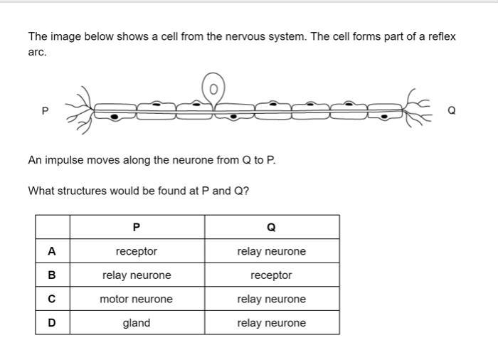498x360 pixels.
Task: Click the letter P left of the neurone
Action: click(x=45, y=110)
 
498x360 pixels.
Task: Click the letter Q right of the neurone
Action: click(x=452, y=110)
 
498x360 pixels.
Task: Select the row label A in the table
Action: click(x=52, y=251)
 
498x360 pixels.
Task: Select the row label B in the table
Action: click(x=52, y=275)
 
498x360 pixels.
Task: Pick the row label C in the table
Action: click(x=52, y=299)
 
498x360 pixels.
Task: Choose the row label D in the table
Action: click(x=52, y=323)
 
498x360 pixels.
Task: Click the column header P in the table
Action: click(x=137, y=227)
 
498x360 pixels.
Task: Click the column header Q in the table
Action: click(x=271, y=227)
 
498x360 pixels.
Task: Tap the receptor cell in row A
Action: click(x=137, y=251)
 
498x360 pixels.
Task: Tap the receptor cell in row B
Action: click(x=271, y=275)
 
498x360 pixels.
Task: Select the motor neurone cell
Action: click(x=137, y=299)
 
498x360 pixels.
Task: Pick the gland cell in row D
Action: click(x=137, y=323)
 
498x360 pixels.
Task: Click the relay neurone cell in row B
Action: click(x=137, y=275)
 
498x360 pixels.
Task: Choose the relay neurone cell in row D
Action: click(x=271, y=323)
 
